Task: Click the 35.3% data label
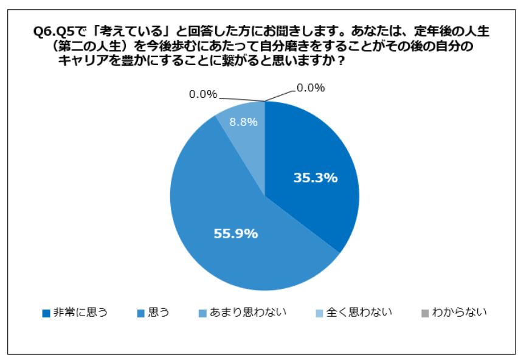tap(316, 178)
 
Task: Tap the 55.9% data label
tap(236, 233)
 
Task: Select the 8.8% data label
tap(243, 122)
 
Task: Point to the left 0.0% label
tap(203, 94)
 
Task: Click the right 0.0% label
tap(311, 88)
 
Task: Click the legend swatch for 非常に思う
tap(46, 313)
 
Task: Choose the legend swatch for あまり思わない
tap(202, 313)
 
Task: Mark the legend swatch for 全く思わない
tap(319, 313)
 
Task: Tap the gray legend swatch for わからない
tap(425, 313)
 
